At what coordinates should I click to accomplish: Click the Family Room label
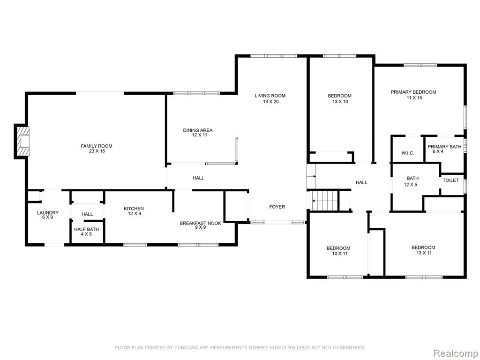[x=97, y=149]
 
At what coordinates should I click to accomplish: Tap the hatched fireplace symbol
[x=23, y=142]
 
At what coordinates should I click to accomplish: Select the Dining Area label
[x=198, y=133]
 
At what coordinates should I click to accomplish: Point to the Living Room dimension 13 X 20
[x=270, y=102]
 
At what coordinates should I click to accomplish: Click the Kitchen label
[x=134, y=211]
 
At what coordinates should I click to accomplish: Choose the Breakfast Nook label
[x=200, y=225]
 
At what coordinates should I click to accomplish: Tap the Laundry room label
[x=48, y=215]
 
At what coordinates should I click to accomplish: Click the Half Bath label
[x=86, y=232]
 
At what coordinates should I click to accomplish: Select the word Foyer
[x=277, y=207]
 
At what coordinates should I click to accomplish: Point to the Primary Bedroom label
[x=413, y=95]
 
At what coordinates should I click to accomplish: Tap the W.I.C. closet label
[x=408, y=153]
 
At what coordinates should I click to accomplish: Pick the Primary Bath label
[x=444, y=149]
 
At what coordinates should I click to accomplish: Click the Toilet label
[x=450, y=180]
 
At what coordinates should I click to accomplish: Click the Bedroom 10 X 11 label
[x=338, y=251]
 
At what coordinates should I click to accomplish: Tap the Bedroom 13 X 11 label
[x=423, y=250]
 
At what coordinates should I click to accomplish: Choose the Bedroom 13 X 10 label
[x=340, y=98]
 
